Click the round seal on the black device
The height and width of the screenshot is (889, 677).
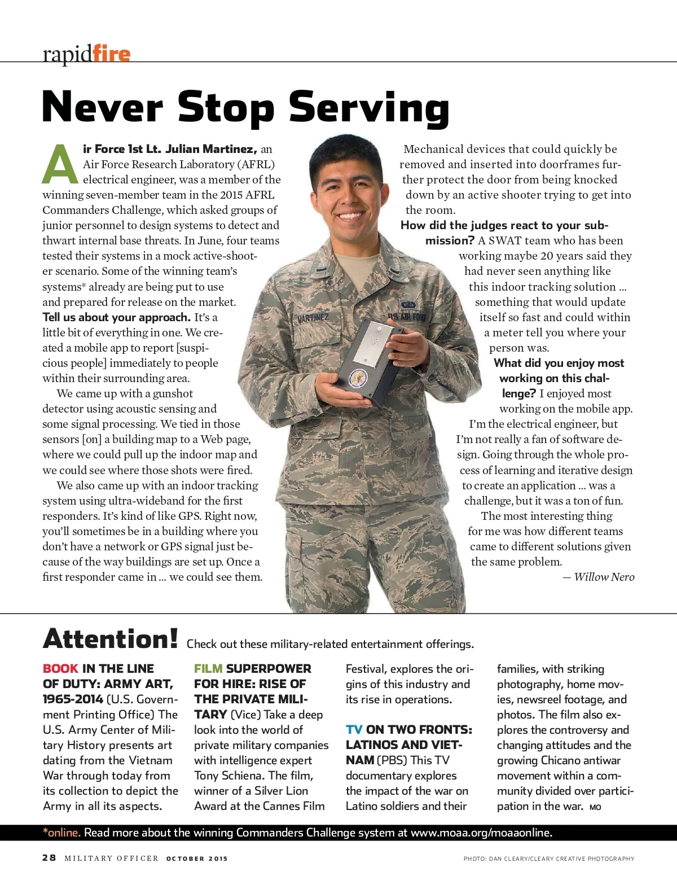tap(358, 378)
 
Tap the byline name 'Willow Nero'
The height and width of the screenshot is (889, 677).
tap(604, 577)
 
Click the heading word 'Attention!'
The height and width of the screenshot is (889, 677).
tap(111, 640)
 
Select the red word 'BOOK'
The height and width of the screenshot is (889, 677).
tap(60, 668)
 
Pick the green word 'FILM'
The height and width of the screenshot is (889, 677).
tap(208, 668)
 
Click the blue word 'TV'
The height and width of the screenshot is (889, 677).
tap(354, 729)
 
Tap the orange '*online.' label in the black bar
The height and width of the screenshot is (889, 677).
tap(62, 833)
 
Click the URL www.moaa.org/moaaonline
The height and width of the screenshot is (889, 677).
tap(481, 833)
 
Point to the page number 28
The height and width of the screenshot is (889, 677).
tap(49, 858)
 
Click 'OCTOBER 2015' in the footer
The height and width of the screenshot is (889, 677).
tap(197, 859)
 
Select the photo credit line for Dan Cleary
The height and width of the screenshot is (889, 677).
tap(548, 859)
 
